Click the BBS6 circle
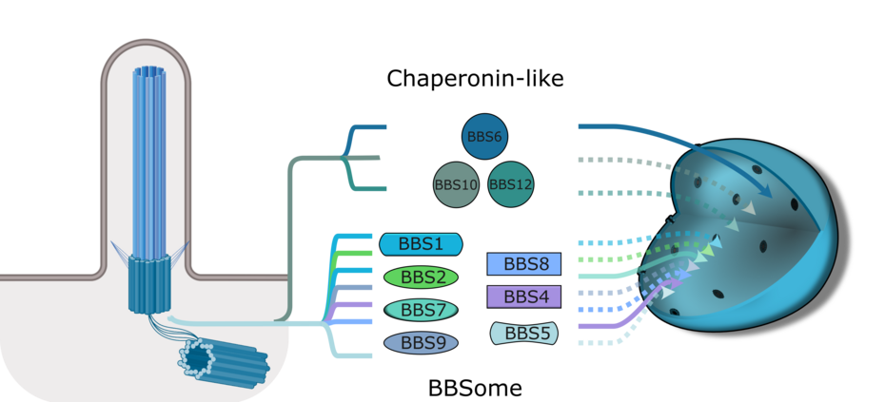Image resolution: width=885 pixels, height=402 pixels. (484, 136)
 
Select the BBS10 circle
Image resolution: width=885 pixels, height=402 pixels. (456, 184)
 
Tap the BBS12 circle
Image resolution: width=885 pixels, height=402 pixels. (511, 183)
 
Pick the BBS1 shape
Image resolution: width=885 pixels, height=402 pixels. (421, 244)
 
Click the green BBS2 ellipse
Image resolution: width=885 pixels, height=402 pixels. (421, 277)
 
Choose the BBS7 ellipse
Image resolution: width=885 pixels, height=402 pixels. (421, 310)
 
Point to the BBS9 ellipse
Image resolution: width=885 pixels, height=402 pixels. (421, 342)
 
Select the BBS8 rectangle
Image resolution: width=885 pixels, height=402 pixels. (523, 264)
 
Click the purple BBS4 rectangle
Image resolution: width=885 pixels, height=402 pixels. (523, 297)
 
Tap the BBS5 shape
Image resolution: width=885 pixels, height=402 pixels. (523, 333)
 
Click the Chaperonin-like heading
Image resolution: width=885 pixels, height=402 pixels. (475, 78)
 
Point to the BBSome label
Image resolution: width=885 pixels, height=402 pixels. (475, 389)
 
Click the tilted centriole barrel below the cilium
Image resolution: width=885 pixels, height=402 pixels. (224, 361)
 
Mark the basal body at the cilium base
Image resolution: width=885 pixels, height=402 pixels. (149, 282)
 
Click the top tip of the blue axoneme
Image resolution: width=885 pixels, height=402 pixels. (149, 67)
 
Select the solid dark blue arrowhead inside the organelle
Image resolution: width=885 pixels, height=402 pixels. (764, 191)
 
